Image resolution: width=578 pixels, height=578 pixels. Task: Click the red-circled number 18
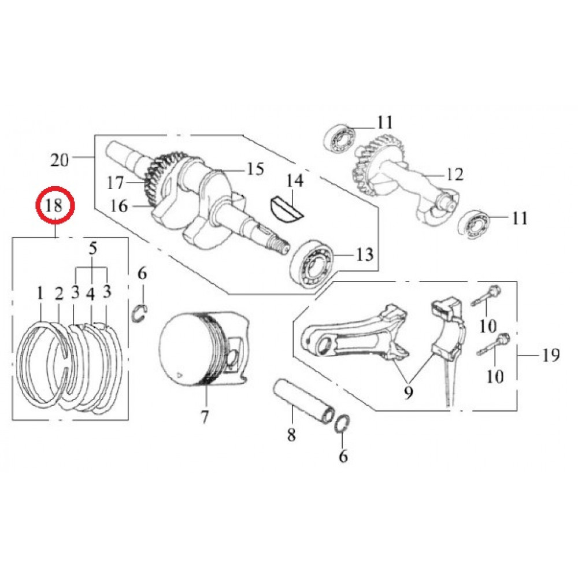pyautogui.click(x=55, y=205)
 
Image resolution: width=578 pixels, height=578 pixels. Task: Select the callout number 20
pyautogui.click(x=60, y=160)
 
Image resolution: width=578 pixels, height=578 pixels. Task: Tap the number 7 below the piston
pyautogui.click(x=205, y=417)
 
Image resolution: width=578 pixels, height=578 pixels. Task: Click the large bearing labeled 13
pyautogui.click(x=312, y=264)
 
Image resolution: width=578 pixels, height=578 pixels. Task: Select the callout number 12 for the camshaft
pyautogui.click(x=454, y=175)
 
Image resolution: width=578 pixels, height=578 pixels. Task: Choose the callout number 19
pyautogui.click(x=551, y=355)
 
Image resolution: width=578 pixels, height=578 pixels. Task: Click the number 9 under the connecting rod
pyautogui.click(x=409, y=393)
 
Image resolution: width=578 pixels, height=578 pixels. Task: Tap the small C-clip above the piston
pyautogui.click(x=140, y=313)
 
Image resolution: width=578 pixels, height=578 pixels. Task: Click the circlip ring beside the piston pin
pyautogui.click(x=342, y=424)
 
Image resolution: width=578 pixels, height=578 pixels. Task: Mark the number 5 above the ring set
pyautogui.click(x=93, y=249)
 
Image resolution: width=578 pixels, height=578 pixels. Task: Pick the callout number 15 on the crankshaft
pyautogui.click(x=255, y=169)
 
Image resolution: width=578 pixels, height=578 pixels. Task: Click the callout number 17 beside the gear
pyautogui.click(x=115, y=183)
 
